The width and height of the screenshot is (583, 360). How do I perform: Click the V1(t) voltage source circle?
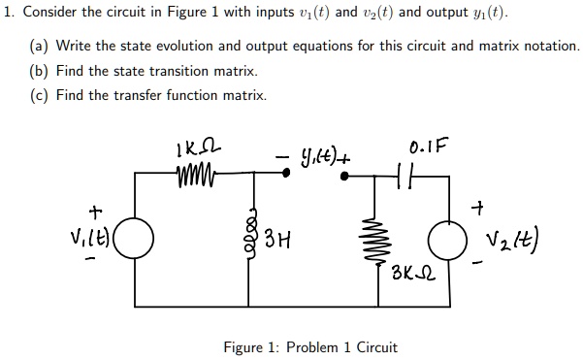(x=135, y=236)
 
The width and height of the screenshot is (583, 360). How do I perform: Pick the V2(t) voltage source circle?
(x=450, y=238)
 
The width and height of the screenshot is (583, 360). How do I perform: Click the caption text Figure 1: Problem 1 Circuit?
(x=309, y=347)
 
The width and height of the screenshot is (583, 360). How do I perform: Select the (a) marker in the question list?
(x=38, y=47)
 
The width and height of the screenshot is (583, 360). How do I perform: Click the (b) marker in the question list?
(x=38, y=71)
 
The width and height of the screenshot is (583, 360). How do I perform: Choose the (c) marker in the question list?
(x=38, y=95)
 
